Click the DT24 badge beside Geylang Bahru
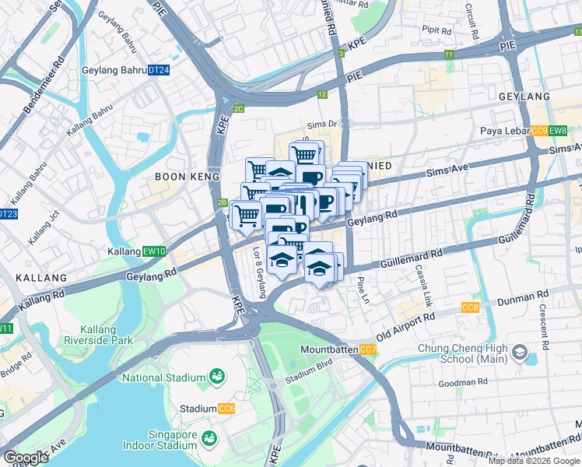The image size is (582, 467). [159, 70]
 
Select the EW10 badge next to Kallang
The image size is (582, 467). [155, 251]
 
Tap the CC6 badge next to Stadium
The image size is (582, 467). [226, 409]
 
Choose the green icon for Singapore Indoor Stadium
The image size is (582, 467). [209, 439]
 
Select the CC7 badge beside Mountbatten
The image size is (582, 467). [368, 350]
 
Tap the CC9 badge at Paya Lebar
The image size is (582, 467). [539, 131]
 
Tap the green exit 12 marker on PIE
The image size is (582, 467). [322, 94]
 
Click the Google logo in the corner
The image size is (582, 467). [26, 458]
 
